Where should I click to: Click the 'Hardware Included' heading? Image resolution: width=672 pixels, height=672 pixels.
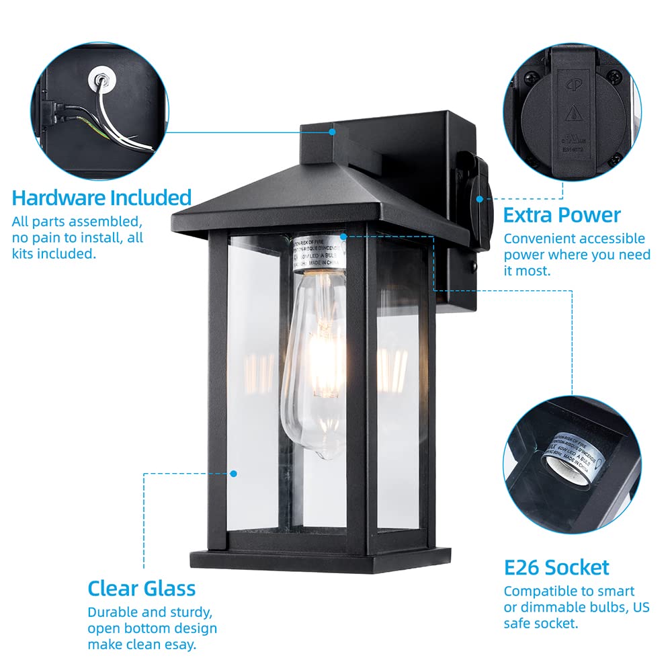pyautogui.click(x=101, y=198)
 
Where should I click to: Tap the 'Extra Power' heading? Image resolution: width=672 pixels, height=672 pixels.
pyautogui.click(x=562, y=216)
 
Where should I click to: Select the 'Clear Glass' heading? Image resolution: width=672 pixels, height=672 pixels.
pyautogui.click(x=142, y=589)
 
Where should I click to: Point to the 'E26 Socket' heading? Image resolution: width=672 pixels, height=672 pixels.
pyautogui.click(x=556, y=567)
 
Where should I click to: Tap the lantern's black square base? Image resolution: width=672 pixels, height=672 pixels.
pyautogui.click(x=320, y=557)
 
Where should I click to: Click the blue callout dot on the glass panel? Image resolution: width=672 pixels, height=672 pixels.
pyautogui.click(x=234, y=473)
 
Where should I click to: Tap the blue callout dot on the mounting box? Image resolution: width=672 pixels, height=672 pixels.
pyautogui.click(x=332, y=132)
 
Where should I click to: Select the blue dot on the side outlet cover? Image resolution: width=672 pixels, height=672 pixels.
pyautogui.click(x=480, y=199)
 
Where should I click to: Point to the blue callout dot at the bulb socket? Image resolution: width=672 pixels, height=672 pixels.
pyautogui.click(x=343, y=237)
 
